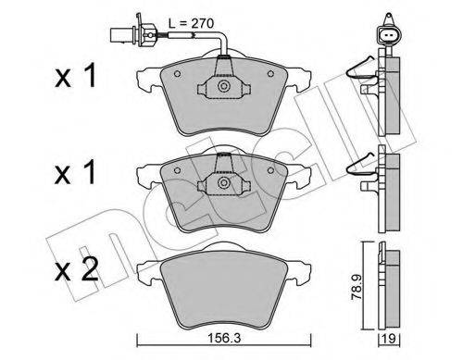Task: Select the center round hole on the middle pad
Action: coord(222,184)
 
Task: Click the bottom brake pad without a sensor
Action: coord(222,282)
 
